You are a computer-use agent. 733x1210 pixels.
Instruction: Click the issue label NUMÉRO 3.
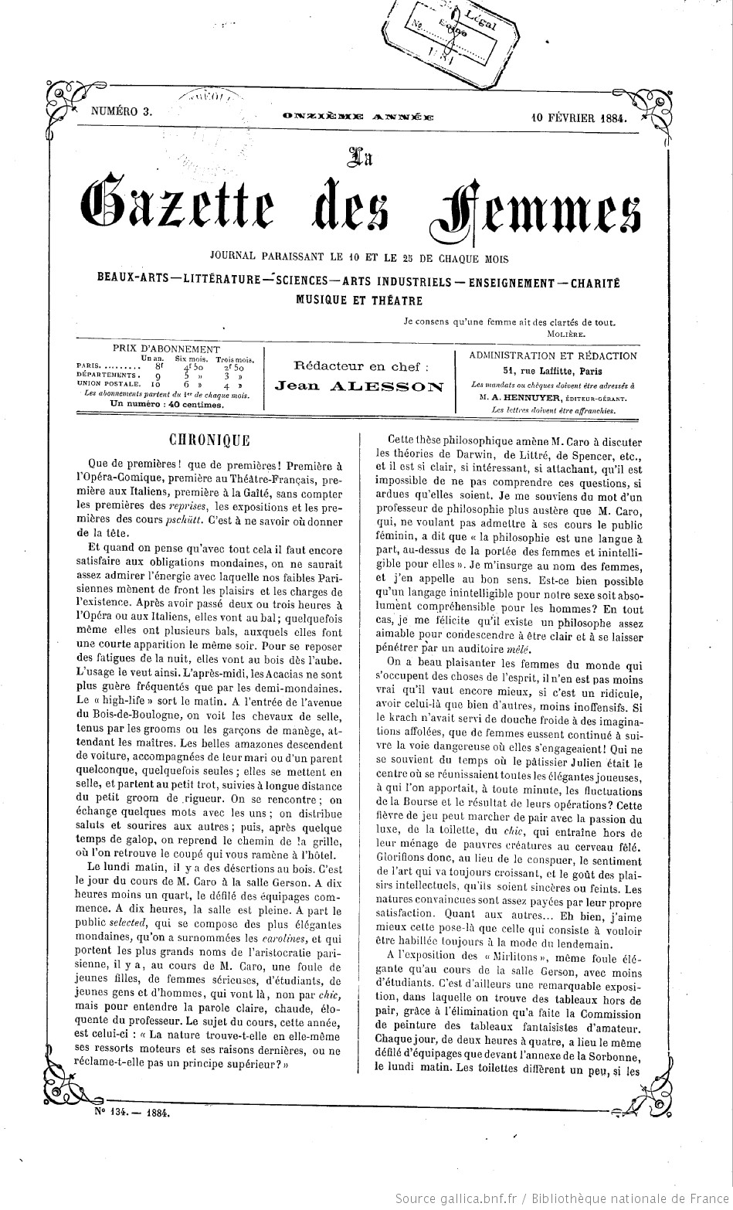121,111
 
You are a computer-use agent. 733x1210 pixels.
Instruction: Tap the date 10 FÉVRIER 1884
579,118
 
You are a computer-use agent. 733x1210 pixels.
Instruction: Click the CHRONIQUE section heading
210,440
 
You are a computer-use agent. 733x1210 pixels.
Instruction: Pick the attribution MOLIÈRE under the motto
566,334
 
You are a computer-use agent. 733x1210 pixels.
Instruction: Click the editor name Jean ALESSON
359,386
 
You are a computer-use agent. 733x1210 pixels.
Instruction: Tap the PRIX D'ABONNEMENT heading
166,350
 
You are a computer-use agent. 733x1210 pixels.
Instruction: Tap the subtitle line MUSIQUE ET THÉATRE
359,300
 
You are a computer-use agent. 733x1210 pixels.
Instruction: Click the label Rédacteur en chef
360,366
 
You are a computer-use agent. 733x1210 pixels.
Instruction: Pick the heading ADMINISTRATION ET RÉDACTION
553,356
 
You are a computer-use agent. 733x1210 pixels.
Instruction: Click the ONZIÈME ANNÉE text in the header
358,117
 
